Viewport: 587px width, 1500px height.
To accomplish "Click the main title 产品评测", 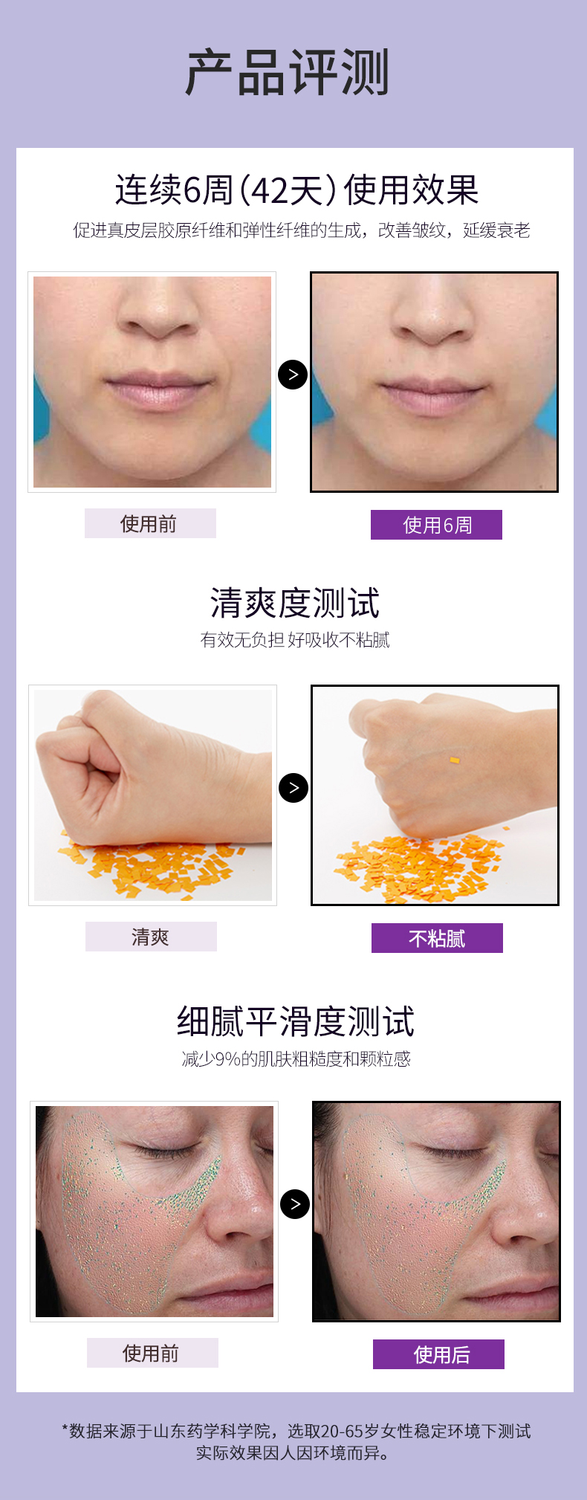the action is [288, 73].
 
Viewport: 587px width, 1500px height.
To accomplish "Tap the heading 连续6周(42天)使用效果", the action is [296, 190].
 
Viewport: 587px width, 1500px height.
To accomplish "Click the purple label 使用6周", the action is [436, 525].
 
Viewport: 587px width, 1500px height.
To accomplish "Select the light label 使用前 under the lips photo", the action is [150, 523].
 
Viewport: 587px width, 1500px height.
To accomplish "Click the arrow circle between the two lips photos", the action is [293, 375].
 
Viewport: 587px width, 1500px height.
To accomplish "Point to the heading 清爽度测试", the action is [295, 603].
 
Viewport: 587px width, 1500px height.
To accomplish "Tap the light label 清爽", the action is [151, 937].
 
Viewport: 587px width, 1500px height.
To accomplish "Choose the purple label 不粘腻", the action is [437, 938].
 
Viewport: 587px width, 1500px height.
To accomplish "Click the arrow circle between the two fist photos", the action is [293, 788].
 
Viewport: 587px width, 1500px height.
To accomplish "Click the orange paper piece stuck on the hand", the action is [454, 760].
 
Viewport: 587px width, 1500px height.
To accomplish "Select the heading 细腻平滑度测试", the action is [295, 1021].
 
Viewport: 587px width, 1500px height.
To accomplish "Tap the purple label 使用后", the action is [438, 1354].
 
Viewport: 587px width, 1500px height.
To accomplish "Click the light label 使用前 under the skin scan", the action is [152, 1353].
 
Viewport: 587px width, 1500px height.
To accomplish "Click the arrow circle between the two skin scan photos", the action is [295, 1204].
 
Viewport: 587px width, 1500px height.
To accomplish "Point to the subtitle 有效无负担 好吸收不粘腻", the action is [295, 640].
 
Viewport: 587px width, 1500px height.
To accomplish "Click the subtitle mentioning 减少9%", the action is [296, 1058].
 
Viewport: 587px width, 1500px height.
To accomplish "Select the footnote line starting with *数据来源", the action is [296, 1431].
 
